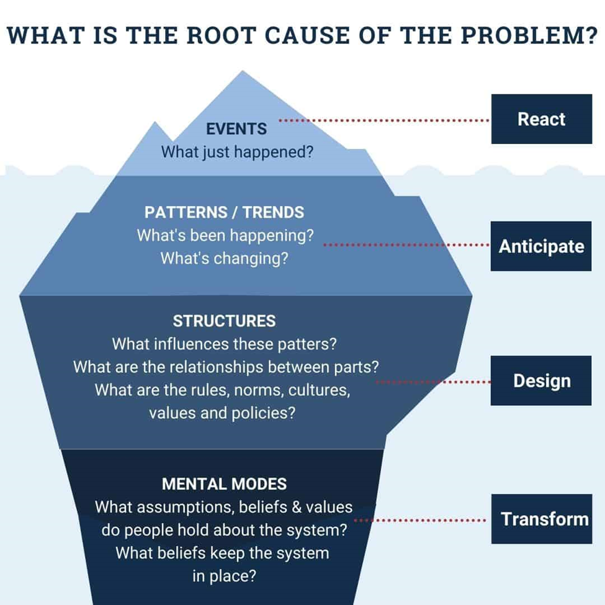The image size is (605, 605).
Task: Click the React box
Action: click(x=541, y=119)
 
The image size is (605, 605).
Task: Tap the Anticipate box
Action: click(x=541, y=246)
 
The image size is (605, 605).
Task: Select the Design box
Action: click(x=541, y=380)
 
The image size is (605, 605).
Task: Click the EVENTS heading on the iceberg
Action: click(x=236, y=129)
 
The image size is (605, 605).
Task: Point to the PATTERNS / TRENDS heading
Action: click(x=224, y=212)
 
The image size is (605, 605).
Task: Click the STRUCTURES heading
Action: click(x=224, y=321)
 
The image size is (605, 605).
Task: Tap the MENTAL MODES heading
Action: click(x=224, y=483)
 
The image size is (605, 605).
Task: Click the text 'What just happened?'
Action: click(x=237, y=151)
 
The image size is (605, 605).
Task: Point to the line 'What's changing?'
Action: click(x=224, y=258)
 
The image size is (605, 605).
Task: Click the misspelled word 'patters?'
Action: click(x=310, y=343)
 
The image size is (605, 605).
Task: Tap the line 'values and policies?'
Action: click(x=222, y=412)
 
